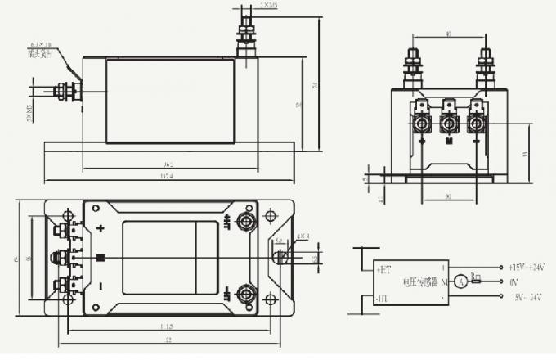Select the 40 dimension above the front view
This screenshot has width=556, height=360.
tap(448, 34)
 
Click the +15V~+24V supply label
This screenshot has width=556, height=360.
tap(527, 268)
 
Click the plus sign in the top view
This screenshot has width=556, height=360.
tap(101, 229)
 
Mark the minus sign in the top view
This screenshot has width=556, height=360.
tap(101, 286)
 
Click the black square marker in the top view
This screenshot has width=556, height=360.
tap(101, 259)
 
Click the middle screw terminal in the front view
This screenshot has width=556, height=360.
tap(449, 123)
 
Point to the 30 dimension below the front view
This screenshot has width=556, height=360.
tap(447, 196)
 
